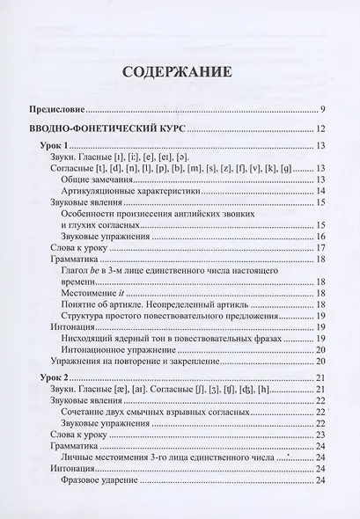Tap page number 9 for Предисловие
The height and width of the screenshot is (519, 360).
coord(323,109)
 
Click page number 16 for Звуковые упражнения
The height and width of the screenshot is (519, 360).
coord(321,237)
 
